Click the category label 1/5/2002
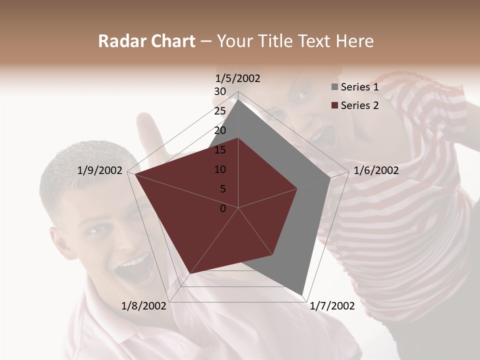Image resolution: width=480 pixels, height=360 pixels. pos(238,78)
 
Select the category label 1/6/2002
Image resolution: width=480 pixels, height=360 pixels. pos(376,170)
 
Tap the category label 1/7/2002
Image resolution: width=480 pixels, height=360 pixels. pos(332,305)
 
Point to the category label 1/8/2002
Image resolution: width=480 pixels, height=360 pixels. pos(143,305)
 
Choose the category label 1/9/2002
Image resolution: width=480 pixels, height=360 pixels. pos(99,170)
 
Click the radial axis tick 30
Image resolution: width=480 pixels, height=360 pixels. pos(220,91)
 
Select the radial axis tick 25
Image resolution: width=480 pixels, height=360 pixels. pos(220,111)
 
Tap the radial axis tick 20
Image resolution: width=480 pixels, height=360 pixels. pos(220,130)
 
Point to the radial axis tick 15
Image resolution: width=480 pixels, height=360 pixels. pos(220,150)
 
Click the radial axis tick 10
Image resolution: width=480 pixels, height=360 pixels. pos(220,169)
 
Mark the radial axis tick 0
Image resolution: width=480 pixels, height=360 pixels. pos(223,208)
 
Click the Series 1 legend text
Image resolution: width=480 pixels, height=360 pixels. pos(359,87)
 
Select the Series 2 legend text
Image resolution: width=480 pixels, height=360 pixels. pos(359,105)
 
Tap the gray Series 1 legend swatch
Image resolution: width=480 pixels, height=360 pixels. pos(334,87)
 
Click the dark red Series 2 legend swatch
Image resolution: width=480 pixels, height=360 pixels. pos(334,105)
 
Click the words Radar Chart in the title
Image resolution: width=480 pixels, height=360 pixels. pos(146,41)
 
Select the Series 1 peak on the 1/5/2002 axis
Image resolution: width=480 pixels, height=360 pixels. pos(238,99)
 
